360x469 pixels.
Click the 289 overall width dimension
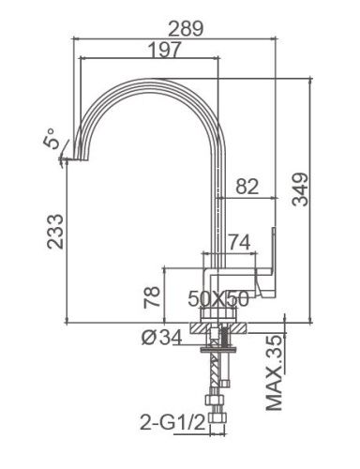pyautogui.click(x=191, y=28)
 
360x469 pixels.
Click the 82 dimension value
pyautogui.click(x=247, y=187)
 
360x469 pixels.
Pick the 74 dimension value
pyautogui.click(x=240, y=242)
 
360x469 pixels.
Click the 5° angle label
pyautogui.click(x=53, y=141)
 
